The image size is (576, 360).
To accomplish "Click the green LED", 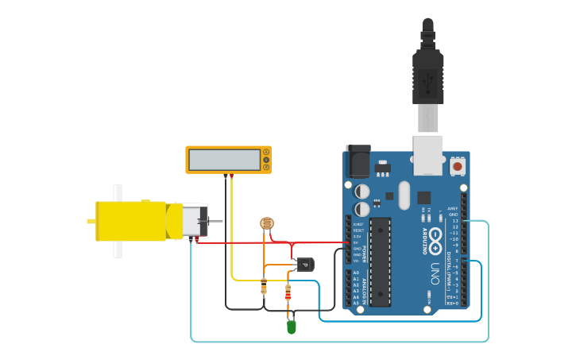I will tap(291, 326).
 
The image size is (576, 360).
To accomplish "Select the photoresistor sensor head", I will tap(267, 225).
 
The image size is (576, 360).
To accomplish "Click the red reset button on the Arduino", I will tap(458, 167).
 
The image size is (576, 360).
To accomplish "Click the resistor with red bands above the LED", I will tap(288, 292).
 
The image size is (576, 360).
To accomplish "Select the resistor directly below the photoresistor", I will tap(264, 285).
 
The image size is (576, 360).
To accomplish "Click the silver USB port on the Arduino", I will tap(427, 154).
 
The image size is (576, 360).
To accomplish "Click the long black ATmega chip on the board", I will tap(380, 261).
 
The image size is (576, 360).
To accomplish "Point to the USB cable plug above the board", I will tap(427, 79).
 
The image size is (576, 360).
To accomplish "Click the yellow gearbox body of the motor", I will tap(131, 221).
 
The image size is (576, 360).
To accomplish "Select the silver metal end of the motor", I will tap(195, 221).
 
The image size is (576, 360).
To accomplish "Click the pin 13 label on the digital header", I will tap(455, 221).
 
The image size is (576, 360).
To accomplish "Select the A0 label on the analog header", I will tap(355, 273).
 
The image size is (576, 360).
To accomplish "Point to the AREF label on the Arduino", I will tap(453, 208).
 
